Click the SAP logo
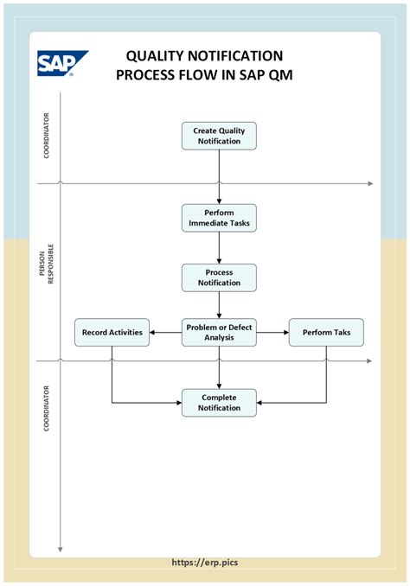62,63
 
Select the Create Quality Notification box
219,136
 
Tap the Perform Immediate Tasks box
219,218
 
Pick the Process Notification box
219,277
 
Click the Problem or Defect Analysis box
219,332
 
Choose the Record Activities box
112,332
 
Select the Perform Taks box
326,332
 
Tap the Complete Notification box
219,403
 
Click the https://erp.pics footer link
205,563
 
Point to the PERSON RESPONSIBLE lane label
47,264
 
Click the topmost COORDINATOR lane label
47,136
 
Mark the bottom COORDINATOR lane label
47,409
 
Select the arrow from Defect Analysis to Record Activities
166,332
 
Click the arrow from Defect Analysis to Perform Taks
272,332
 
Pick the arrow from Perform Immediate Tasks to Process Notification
219,248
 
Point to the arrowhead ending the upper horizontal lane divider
370,183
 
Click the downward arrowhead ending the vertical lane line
60,550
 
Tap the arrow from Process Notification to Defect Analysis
219,305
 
